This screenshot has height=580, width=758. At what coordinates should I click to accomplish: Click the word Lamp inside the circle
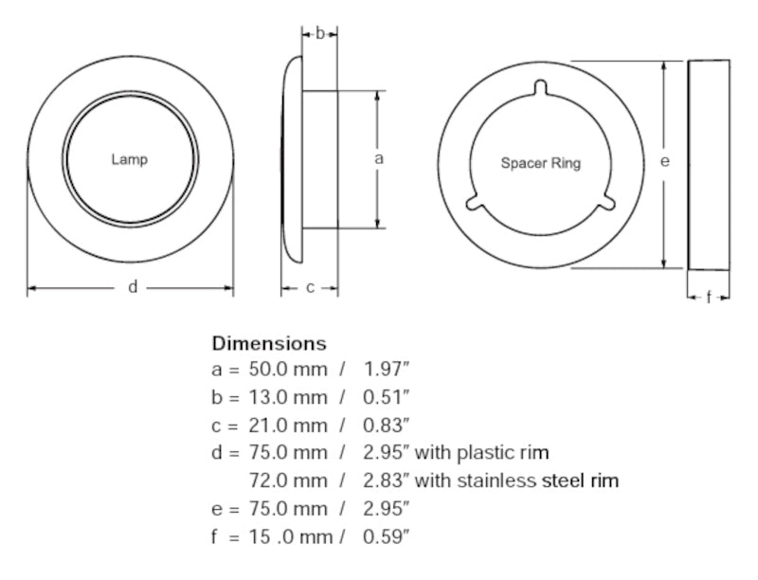tap(130, 160)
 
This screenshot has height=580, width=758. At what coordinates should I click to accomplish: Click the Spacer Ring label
tap(540, 163)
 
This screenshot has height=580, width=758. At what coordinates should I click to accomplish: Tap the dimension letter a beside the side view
tap(379, 159)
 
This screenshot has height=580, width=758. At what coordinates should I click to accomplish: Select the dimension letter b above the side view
tap(320, 33)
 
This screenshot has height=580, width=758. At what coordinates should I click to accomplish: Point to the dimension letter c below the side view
tap(310, 288)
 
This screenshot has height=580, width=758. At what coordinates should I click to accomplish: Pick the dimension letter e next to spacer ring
tap(665, 162)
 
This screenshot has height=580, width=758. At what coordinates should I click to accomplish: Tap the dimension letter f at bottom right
tap(709, 298)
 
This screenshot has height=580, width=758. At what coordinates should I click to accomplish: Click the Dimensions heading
tap(268, 343)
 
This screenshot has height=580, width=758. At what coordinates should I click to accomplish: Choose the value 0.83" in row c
tap(387, 426)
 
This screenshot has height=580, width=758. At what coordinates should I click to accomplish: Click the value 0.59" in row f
tap(387, 536)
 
